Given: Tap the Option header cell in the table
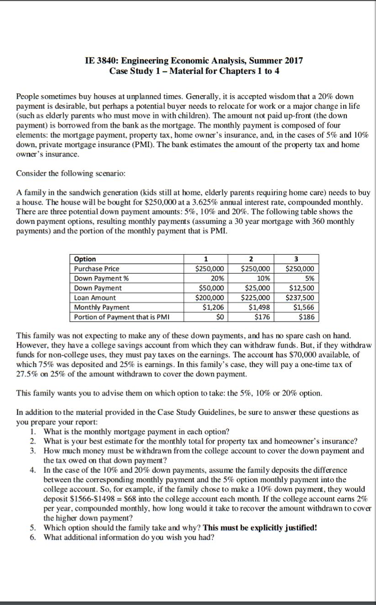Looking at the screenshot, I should click(85, 259).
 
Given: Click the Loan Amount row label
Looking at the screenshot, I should click(95, 297).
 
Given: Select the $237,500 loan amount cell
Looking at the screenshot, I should click(300, 297).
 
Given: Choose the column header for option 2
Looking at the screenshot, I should click(251, 259).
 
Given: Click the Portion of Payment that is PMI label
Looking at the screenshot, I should click(119, 317).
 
